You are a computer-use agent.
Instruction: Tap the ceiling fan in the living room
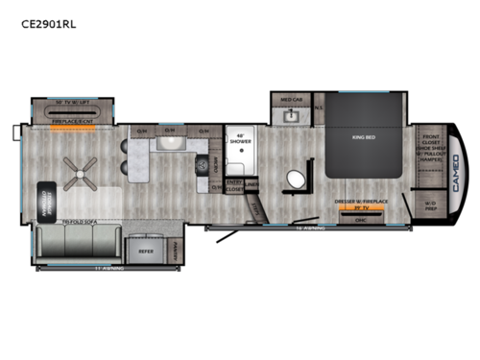tap(79, 173)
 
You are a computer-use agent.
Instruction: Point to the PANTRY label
tap(176, 251)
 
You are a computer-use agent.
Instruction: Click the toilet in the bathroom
tap(295, 180)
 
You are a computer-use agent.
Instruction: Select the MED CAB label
tap(292, 100)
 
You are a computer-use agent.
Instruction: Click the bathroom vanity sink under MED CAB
tap(292, 116)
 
